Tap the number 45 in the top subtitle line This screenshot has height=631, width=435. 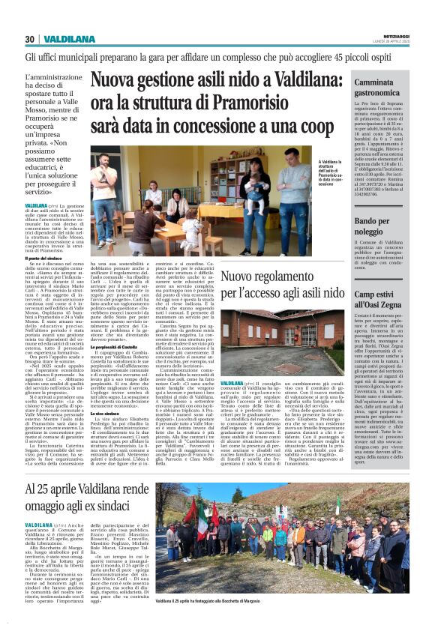344,56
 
